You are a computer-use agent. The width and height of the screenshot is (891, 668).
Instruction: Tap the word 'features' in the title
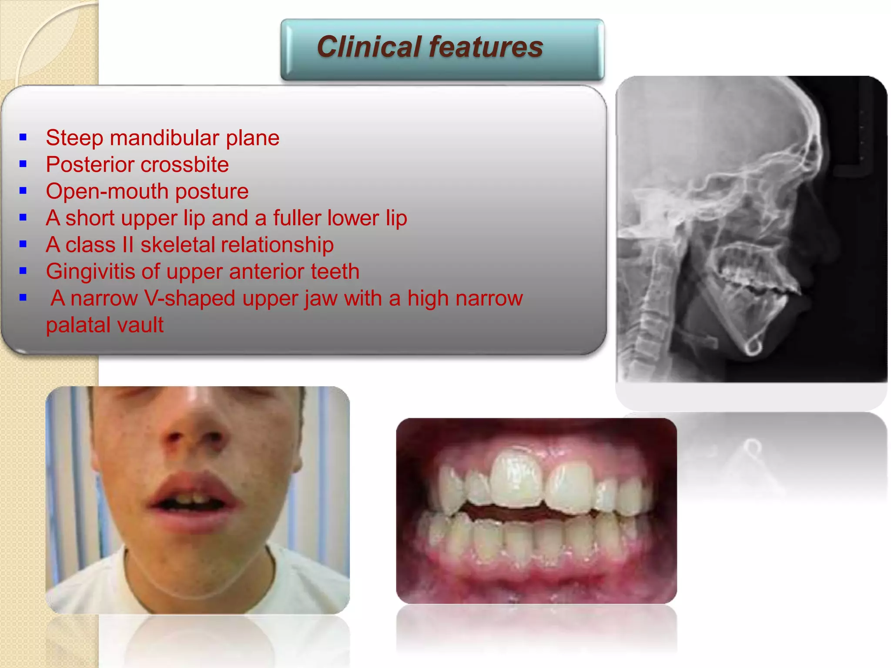pos(486,47)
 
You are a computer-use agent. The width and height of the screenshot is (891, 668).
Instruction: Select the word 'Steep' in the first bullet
pos(74,138)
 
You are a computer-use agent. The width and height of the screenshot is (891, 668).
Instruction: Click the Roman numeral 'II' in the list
pos(128,245)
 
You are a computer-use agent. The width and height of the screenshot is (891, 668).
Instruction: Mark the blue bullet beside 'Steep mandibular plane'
pos(23,138)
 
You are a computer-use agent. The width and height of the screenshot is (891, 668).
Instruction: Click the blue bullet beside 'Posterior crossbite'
pos(23,164)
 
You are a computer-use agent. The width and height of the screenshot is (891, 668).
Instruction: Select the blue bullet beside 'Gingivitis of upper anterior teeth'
pos(23,271)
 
